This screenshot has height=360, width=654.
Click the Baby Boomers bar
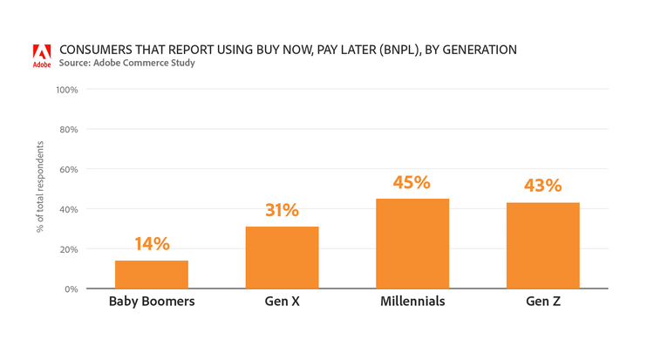(152, 275)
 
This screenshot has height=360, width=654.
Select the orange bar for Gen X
(282, 257)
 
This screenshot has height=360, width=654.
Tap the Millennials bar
(412, 243)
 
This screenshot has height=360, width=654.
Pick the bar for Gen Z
(542, 246)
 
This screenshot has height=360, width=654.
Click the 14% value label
(152, 244)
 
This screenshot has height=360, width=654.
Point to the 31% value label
(282, 210)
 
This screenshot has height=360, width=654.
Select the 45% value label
(412, 182)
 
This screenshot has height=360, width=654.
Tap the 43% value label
(542, 186)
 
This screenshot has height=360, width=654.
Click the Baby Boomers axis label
(152, 302)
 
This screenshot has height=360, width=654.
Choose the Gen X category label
(282, 302)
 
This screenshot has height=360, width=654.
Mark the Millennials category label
(412, 302)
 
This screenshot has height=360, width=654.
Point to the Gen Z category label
(542, 302)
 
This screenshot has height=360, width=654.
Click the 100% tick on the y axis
(66, 90)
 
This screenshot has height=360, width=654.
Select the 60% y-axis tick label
(68, 169)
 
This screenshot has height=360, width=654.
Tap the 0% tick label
(71, 289)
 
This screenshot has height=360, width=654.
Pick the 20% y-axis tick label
(68, 249)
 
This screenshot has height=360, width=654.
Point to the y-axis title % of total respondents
(40, 189)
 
